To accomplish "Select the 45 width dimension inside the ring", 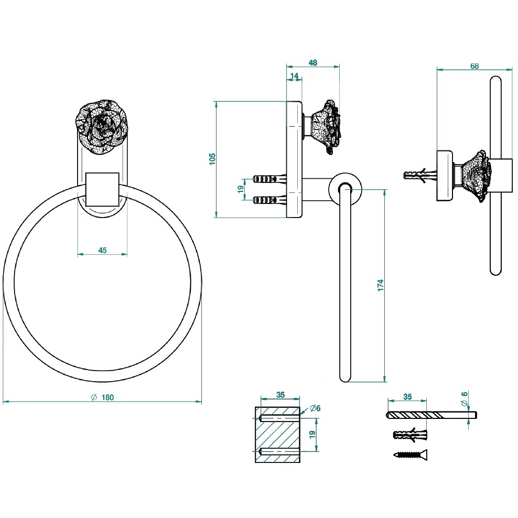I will [102, 250].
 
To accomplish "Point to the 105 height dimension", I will [212, 158].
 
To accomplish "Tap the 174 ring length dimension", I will [381, 285].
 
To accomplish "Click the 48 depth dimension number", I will [312, 63].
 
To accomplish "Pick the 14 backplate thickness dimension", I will [294, 76].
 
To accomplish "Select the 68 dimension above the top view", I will [474, 66].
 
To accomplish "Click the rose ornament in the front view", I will [102, 127].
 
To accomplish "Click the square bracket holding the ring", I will [102, 188].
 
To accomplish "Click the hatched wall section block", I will [278, 434].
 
